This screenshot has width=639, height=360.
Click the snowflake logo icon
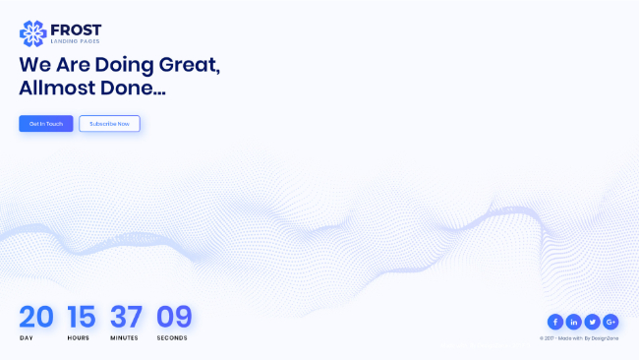33,33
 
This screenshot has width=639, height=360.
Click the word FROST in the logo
76,30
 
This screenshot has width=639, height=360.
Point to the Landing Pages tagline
75,41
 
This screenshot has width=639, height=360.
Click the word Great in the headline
190,65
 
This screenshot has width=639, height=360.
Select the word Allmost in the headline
57,88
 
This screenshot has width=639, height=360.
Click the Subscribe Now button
110,124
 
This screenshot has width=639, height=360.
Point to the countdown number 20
36,317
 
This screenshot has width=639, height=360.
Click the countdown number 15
82,317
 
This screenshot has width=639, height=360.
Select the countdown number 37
127,317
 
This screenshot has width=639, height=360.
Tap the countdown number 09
174,317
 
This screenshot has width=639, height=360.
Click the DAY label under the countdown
27,338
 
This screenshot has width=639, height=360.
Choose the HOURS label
79,338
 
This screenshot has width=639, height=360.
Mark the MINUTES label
124,338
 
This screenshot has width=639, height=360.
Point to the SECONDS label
172,338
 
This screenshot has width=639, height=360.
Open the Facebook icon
555,322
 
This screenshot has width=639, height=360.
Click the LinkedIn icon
574,322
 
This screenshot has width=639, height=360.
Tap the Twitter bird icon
592,322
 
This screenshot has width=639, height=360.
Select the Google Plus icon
610,322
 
